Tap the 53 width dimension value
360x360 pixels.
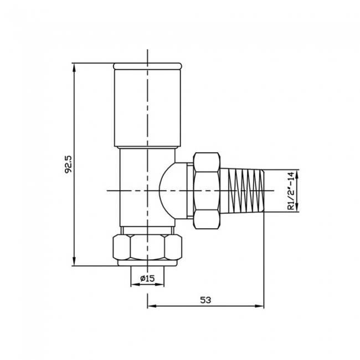click(206, 300)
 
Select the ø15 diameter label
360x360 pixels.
click(147, 278)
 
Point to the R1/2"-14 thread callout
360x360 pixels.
click(289, 191)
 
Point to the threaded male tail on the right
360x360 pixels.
click(246, 190)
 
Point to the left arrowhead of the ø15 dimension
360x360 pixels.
click(133, 285)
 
